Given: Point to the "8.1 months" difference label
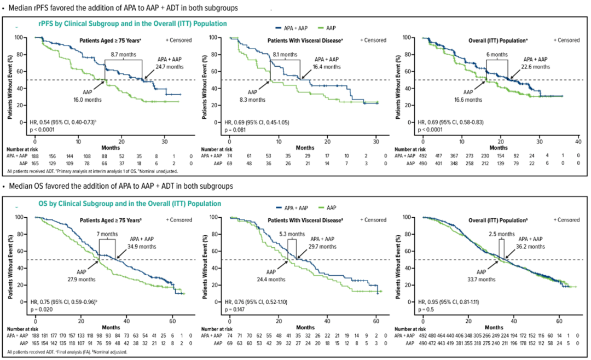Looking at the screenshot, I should (x=286, y=55).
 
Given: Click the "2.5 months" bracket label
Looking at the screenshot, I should (x=500, y=234).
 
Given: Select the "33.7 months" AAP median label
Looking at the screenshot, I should (x=483, y=279).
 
